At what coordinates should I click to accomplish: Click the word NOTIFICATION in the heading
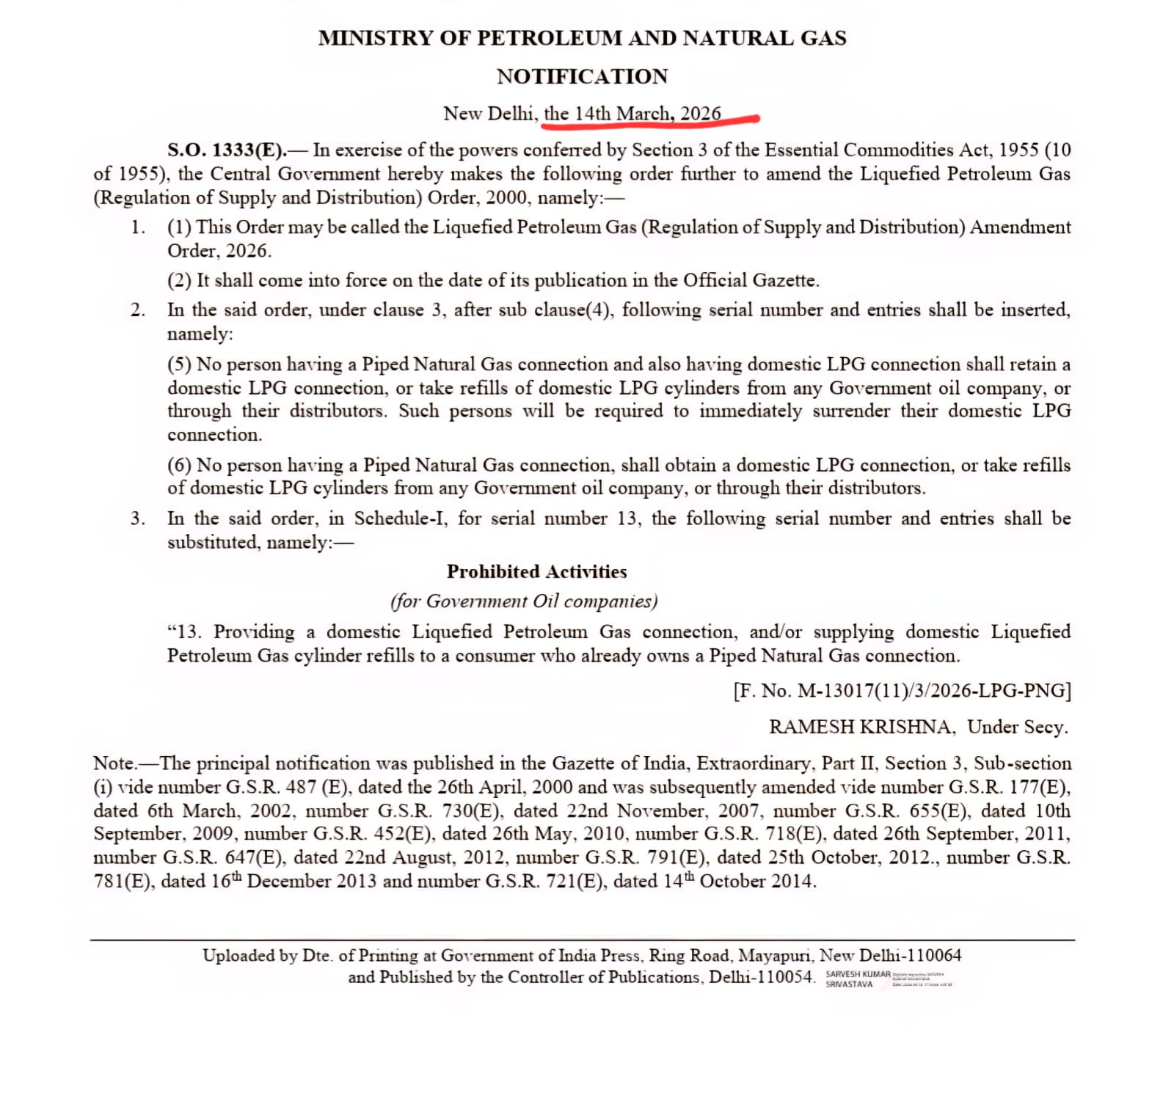click(582, 76)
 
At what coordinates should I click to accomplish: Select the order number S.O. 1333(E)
click(226, 150)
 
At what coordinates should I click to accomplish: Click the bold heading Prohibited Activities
click(536, 571)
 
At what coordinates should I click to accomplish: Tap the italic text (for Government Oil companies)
click(524, 601)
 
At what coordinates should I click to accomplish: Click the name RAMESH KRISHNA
click(861, 727)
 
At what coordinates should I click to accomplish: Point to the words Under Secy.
click(1017, 727)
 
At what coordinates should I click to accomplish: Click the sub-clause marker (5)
click(179, 365)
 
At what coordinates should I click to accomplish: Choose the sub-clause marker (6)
click(179, 465)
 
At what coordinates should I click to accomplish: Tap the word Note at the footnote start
click(114, 763)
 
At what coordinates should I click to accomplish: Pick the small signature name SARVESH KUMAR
click(858, 975)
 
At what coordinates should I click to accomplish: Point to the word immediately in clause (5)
click(750, 411)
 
